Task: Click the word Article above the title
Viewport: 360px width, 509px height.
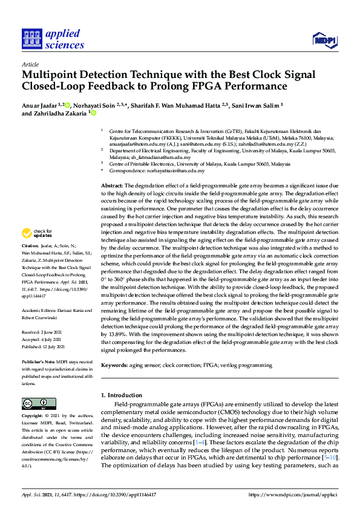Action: click(30, 65)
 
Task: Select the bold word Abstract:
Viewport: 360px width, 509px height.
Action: click(111, 185)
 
